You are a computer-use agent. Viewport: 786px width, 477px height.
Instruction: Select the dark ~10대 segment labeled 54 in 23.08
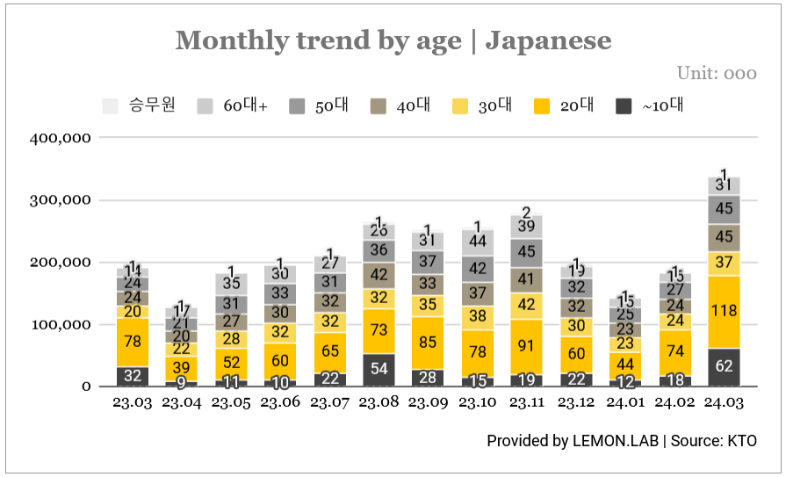point(379,369)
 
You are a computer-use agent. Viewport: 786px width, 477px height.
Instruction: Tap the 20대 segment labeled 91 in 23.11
point(526,346)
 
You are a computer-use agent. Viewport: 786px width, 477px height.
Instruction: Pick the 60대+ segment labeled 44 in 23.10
point(477,241)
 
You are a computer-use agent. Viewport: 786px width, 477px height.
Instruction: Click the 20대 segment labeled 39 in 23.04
point(181,368)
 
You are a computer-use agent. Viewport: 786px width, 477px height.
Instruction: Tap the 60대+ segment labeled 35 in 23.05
point(231,284)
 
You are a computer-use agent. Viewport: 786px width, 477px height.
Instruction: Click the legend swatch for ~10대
point(624,106)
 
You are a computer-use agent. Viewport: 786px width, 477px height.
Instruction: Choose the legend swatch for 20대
point(542,106)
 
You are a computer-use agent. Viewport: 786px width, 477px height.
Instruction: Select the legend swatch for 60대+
point(205,106)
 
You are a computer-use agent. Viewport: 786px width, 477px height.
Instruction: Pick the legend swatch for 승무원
point(111,106)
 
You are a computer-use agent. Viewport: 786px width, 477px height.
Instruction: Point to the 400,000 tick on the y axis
point(61,138)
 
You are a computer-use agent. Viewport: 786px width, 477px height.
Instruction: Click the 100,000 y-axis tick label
point(61,325)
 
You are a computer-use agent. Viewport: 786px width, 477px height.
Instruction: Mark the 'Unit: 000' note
point(716,73)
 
